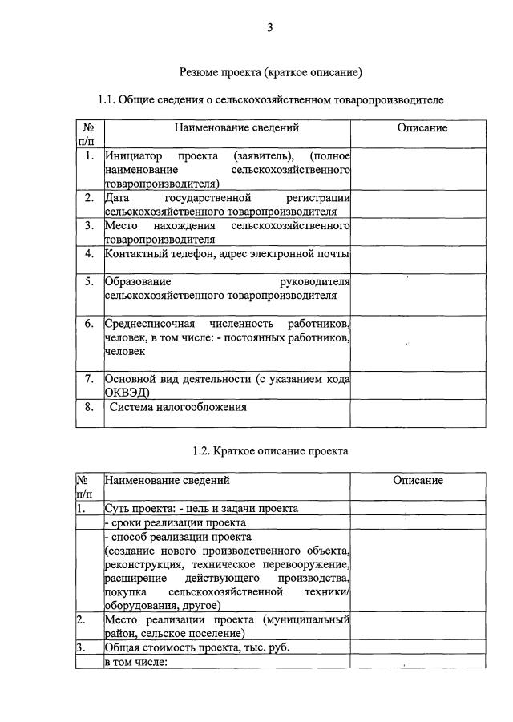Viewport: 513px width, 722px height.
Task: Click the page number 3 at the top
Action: pyautogui.click(x=270, y=28)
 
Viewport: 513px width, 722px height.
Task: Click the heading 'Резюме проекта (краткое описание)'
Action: pyautogui.click(x=270, y=72)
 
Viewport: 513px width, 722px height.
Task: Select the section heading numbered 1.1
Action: pyautogui.click(x=270, y=100)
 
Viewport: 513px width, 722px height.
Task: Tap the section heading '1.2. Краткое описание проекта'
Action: pyautogui.click(x=270, y=451)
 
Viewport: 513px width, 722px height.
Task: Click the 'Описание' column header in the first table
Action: pyautogui.click(x=422, y=128)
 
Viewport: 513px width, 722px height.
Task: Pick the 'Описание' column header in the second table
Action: pyautogui.click(x=418, y=481)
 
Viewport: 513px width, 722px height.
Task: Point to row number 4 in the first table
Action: pyautogui.click(x=90, y=254)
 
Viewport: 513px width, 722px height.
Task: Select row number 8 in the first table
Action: pyautogui.click(x=90, y=407)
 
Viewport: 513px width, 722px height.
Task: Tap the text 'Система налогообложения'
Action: pyautogui.click(x=178, y=407)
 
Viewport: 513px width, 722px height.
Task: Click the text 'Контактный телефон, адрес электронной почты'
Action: pyautogui.click(x=227, y=254)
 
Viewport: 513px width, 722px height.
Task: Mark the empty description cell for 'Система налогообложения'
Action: pyautogui.click(x=418, y=413)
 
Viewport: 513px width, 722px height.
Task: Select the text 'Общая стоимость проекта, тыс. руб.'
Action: pyautogui.click(x=197, y=647)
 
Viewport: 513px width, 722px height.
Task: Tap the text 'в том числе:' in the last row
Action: pyautogui.click(x=135, y=662)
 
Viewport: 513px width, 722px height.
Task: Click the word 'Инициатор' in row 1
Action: pyautogui.click(x=132, y=156)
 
